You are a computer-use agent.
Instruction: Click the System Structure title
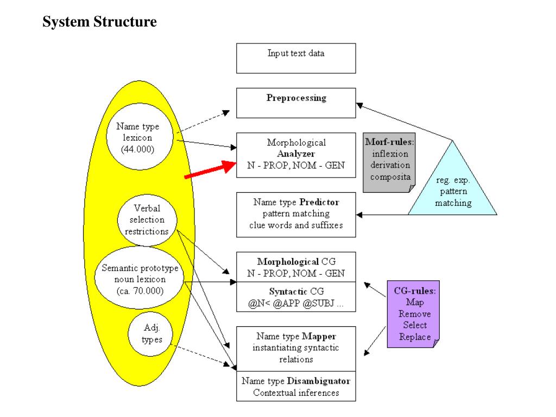[100, 22]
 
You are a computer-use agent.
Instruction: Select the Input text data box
[296, 59]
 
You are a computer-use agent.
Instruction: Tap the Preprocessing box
[296, 103]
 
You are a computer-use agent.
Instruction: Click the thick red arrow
[210, 169]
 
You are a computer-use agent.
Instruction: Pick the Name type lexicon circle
[140, 136]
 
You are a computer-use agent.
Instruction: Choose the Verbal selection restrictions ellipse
[147, 220]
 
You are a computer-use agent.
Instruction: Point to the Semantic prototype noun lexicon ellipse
[140, 277]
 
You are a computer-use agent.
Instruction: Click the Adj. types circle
[150, 334]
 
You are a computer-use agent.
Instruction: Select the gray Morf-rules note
[389, 163]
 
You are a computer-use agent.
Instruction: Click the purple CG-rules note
[413, 314]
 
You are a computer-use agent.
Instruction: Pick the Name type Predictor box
[296, 215]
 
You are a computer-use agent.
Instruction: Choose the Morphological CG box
[296, 267]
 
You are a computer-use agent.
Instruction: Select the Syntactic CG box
[296, 297]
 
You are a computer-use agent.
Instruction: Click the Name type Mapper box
[296, 349]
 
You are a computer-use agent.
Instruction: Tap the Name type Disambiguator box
[296, 386]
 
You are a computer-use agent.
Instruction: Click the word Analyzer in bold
[296, 154]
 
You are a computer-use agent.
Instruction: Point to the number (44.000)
[137, 149]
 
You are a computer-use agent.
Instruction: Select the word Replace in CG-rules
[415, 337]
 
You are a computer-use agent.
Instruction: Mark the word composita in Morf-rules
[390, 176]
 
